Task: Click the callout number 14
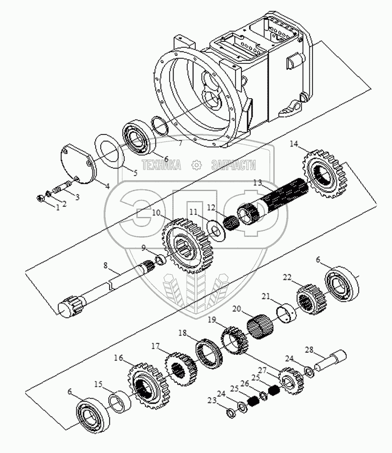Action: pyautogui.click(x=294, y=145)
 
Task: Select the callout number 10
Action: pyautogui.click(x=156, y=213)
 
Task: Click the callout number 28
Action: pyautogui.click(x=309, y=349)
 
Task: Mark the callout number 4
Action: pyautogui.click(x=107, y=185)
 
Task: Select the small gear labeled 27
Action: pyautogui.click(x=290, y=381)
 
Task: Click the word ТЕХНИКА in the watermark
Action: pyautogui.click(x=161, y=165)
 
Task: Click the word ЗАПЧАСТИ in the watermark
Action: pyautogui.click(x=234, y=165)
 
